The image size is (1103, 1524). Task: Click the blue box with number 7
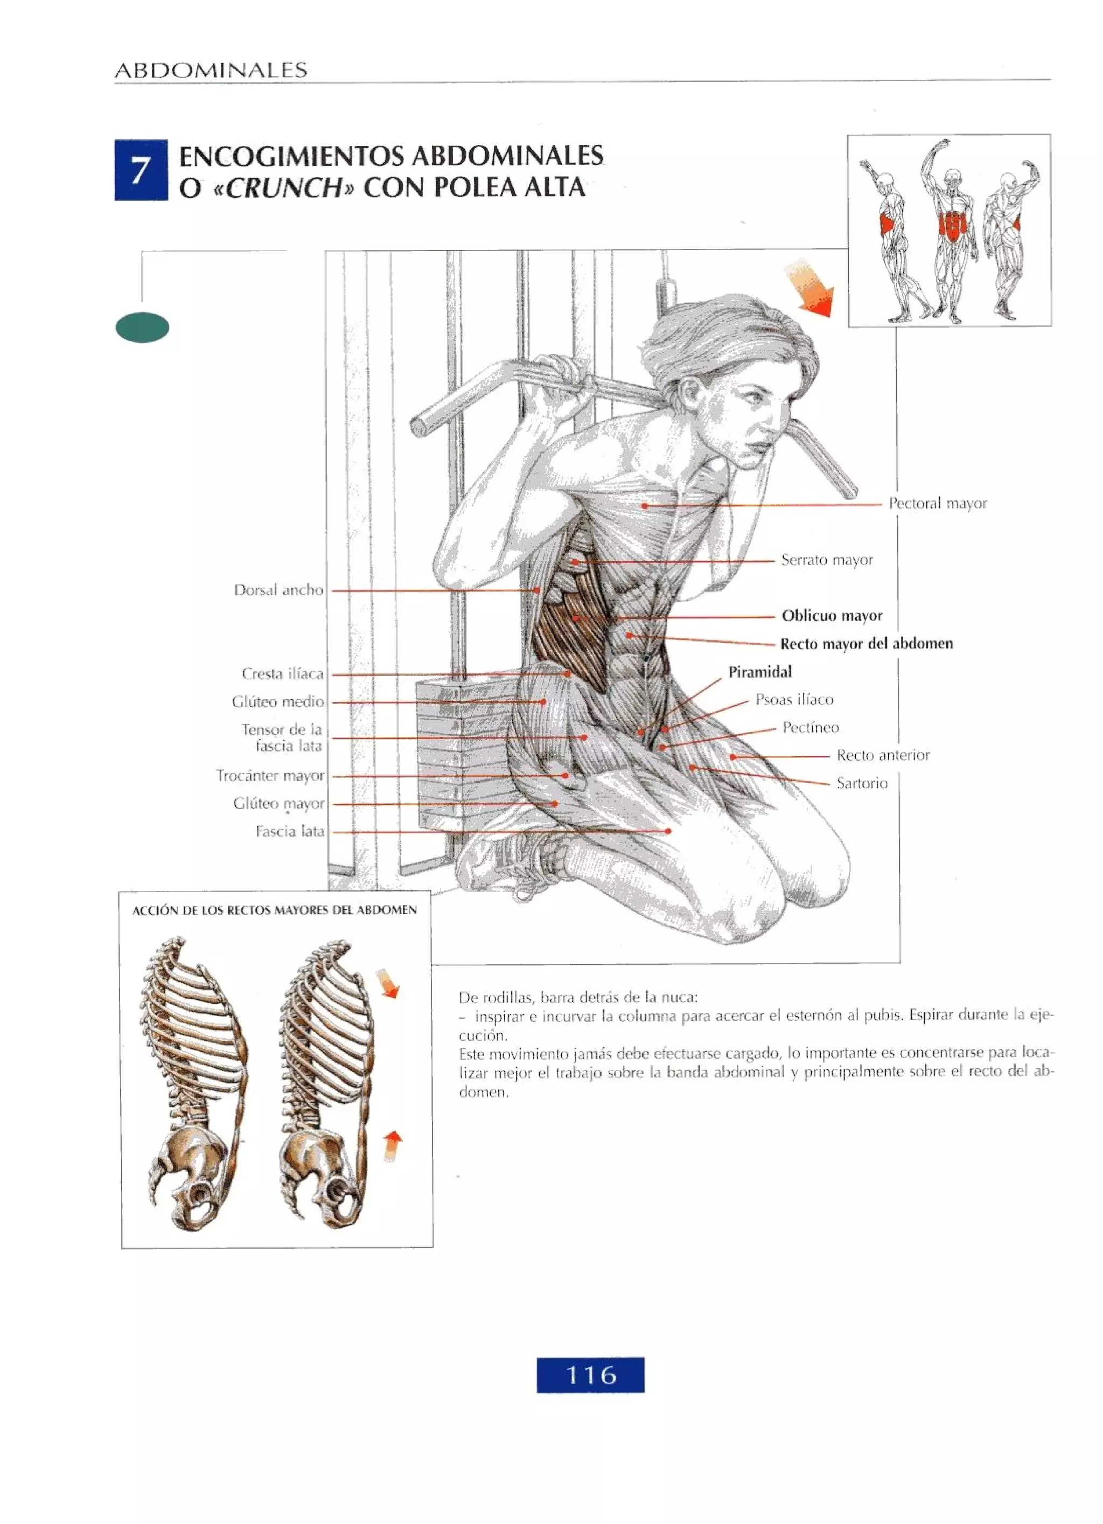click(141, 170)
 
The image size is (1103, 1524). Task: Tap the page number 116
click(590, 1374)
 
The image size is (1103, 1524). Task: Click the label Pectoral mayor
click(937, 503)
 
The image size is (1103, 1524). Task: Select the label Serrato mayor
click(826, 560)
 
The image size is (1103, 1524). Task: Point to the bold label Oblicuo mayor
click(832, 616)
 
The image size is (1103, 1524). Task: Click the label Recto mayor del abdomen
click(866, 644)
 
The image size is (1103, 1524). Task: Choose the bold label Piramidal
click(760, 672)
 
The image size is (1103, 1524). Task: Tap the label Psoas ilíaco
click(794, 699)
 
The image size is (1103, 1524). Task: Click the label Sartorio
click(861, 783)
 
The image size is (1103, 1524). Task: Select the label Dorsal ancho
click(278, 590)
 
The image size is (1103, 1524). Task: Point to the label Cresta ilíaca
click(282, 673)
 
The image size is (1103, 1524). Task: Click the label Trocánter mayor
click(270, 775)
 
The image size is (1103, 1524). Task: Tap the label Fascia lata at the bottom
click(290, 831)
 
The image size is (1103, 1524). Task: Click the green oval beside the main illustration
click(142, 328)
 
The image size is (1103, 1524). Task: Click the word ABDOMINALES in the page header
click(211, 71)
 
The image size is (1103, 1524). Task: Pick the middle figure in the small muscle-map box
click(951, 228)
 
